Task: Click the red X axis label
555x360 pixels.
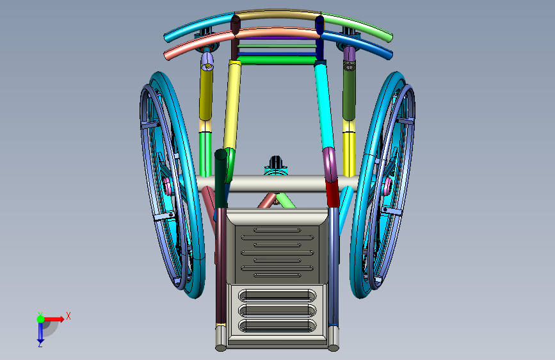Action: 68,316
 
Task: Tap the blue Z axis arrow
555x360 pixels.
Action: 40,332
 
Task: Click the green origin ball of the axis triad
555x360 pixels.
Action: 41,319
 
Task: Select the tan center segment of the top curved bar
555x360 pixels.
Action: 278,15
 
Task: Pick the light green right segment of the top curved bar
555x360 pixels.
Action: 357,25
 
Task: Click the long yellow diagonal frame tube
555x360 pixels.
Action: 232,104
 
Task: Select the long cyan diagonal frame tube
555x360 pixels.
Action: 324,104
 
